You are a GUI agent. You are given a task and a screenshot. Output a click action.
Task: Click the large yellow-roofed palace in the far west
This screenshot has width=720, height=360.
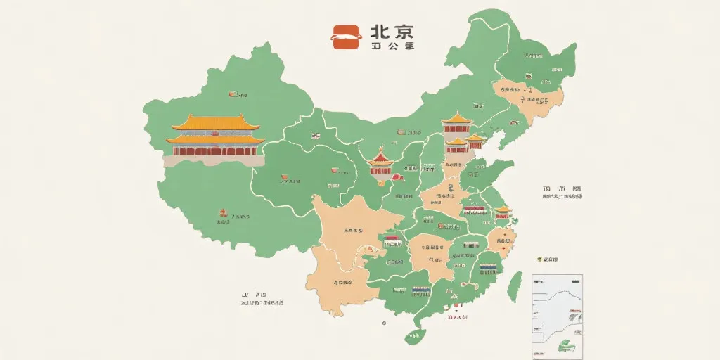pyautogui.click(x=214, y=136)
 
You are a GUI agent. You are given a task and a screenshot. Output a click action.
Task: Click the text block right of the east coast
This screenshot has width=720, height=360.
pyautogui.click(x=562, y=193)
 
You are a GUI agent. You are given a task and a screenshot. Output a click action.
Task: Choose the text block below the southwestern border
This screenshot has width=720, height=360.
pyautogui.click(x=262, y=299)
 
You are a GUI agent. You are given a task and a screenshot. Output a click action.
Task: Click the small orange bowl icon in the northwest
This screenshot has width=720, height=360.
pyautogui.click(x=232, y=94)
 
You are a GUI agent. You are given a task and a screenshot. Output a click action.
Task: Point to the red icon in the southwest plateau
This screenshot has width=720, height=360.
pyautogui.click(x=224, y=213)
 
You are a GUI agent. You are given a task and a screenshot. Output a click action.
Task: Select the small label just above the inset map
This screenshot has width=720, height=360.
pyautogui.click(x=547, y=259)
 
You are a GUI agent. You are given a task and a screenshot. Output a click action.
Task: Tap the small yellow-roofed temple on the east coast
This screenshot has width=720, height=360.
pyautogui.click(x=502, y=212)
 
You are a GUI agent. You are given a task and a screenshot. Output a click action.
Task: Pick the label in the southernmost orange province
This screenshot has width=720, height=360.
pyautogui.click(x=340, y=283)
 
